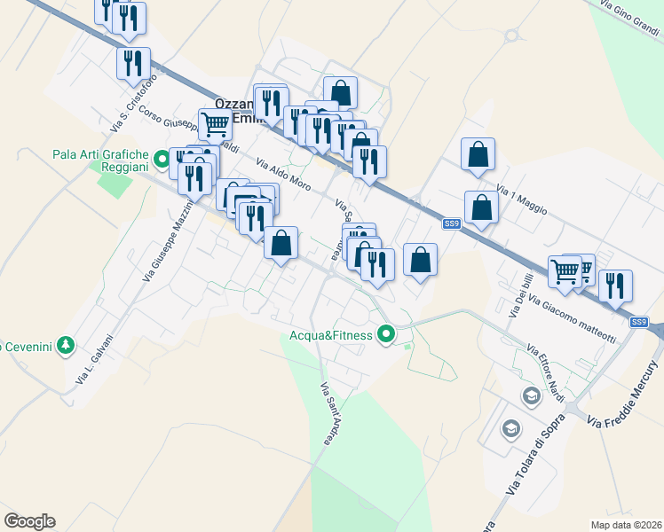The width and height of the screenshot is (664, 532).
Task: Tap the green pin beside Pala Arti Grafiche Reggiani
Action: click(162, 160)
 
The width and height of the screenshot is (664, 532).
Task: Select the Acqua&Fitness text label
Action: click(333, 335)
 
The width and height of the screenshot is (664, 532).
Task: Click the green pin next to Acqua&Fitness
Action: click(385, 334)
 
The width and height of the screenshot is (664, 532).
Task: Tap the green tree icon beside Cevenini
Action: click(65, 345)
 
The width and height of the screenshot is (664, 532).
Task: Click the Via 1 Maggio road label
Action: click(520, 202)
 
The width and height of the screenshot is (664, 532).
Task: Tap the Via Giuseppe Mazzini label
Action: click(162, 240)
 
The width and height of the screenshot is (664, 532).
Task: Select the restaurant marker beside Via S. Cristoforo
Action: click(132, 64)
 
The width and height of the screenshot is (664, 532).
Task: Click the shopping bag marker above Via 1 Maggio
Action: click(478, 153)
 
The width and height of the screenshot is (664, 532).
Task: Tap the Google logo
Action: click(29, 520)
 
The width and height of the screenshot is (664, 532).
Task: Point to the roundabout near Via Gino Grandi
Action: click(511, 36)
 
